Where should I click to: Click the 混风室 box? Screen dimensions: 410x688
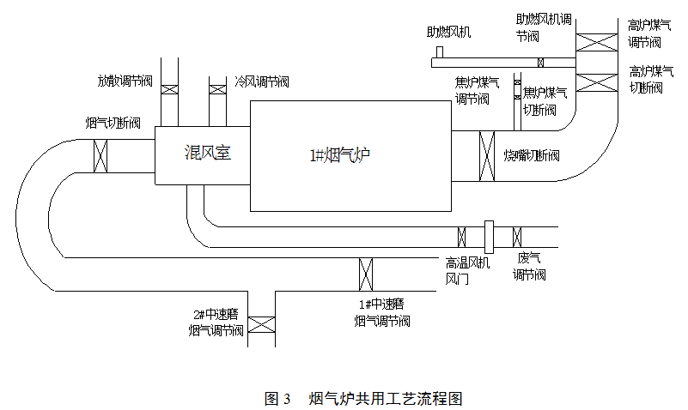pos(203,154)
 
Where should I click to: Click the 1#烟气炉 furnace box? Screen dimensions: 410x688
pos(351,155)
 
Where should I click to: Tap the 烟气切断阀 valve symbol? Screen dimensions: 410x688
pos(100,155)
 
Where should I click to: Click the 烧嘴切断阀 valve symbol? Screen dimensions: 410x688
pos(487,156)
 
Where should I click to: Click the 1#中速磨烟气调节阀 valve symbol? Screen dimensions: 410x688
pos(365,274)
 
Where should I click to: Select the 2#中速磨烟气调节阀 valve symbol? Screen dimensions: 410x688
pos(261,323)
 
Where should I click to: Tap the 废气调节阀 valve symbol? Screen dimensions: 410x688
pos(518,237)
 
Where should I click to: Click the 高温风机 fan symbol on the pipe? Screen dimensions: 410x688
pos(489,237)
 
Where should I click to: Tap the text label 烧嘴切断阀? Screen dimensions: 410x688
pos(532,155)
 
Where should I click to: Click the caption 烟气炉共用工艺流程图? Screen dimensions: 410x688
pos(386,398)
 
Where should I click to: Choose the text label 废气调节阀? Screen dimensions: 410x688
pos(529,268)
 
